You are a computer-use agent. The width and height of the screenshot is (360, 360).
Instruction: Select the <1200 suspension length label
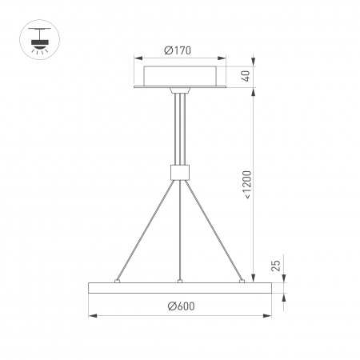tap(247, 183)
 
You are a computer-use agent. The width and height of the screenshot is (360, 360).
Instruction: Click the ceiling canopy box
tap(180, 77)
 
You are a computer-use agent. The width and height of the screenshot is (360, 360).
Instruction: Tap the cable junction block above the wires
tap(180, 170)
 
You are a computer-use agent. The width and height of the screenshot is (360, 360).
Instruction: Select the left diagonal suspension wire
tap(144, 230)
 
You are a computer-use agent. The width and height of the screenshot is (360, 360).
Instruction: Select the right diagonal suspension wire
tap(216, 230)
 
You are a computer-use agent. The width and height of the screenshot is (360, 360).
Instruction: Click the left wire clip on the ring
tap(118, 281)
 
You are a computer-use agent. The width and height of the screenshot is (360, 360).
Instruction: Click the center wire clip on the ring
tap(180, 281)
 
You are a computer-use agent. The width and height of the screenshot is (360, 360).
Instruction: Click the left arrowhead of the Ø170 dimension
tap(137, 58)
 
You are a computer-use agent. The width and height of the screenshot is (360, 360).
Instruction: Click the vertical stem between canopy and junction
tap(180, 128)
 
